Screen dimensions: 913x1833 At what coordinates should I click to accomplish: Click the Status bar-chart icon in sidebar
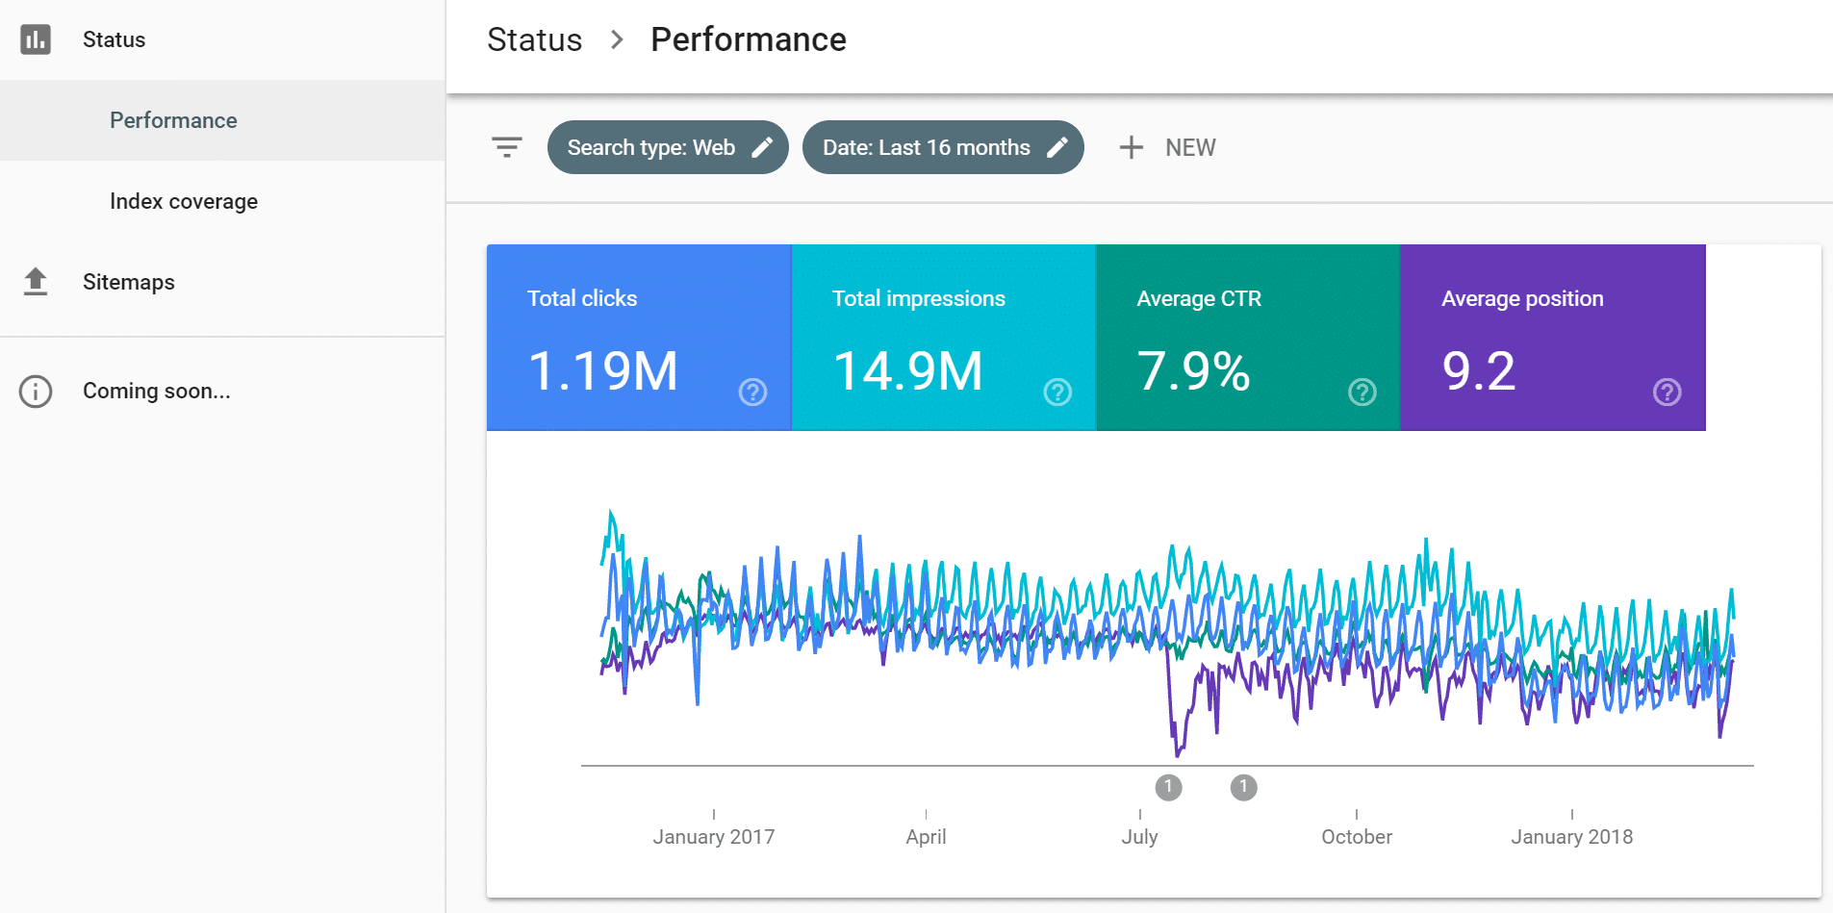[x=36, y=39]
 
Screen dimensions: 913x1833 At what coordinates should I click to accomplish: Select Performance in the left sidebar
[x=173, y=120]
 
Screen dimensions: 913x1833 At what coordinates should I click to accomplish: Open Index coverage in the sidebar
[x=183, y=201]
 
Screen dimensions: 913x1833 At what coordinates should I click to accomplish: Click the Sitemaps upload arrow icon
[x=36, y=281]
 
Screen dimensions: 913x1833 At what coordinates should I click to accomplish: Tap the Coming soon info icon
[x=36, y=392]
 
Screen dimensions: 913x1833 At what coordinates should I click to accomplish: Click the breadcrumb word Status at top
[x=534, y=39]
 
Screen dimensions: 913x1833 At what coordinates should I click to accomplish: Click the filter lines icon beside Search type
[x=506, y=147]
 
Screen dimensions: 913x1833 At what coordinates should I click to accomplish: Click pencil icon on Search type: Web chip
[x=762, y=147]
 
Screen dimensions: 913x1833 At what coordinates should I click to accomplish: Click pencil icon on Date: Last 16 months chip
[x=1057, y=147]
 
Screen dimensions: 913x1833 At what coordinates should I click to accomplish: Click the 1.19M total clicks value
[x=603, y=370]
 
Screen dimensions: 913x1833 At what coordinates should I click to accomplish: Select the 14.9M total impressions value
[x=907, y=370]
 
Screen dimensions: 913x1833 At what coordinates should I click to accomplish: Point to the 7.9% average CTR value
[x=1193, y=370]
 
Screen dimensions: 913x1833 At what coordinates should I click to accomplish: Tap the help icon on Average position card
[x=1667, y=392]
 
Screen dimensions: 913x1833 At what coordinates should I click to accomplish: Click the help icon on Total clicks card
[x=752, y=392]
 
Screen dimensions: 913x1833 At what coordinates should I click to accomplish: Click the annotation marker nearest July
[x=1168, y=787]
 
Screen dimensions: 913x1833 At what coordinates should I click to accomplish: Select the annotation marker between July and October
[x=1243, y=787]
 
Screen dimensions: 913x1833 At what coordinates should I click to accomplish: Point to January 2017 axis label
[x=713, y=836]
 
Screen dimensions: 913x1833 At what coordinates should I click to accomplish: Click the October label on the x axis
[x=1356, y=836]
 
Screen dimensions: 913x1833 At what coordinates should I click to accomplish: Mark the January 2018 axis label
[x=1571, y=836]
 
